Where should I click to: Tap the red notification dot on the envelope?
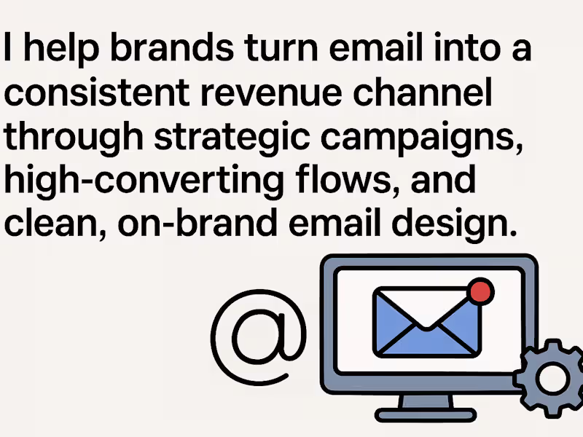click(x=481, y=291)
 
